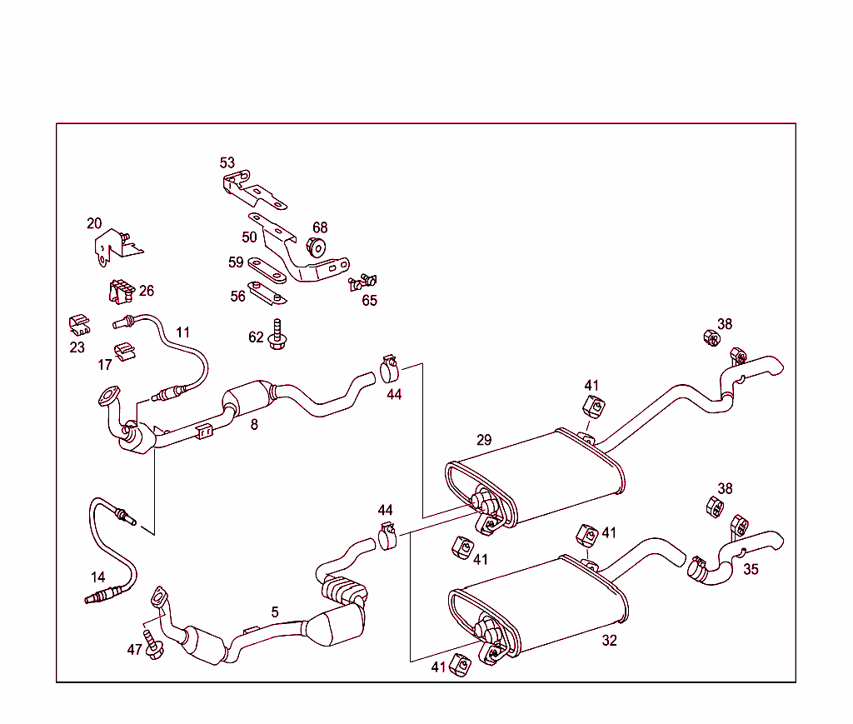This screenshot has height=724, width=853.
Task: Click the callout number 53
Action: [x=227, y=162]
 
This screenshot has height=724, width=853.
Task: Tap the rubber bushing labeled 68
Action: [x=317, y=247]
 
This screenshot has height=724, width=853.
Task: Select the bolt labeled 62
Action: [x=278, y=335]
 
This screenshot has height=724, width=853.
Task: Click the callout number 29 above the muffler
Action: [x=484, y=440]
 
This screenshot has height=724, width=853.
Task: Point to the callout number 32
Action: [x=610, y=641]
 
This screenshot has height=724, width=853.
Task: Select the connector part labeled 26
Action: [x=120, y=292]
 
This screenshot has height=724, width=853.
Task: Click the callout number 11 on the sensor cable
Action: [x=183, y=332]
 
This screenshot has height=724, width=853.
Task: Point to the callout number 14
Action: [x=99, y=577]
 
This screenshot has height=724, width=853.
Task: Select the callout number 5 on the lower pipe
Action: [x=275, y=612]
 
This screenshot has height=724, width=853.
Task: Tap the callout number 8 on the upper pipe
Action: [x=254, y=424]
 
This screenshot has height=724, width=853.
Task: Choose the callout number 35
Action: [x=751, y=570]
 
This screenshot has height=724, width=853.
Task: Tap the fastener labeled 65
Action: [x=362, y=282]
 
